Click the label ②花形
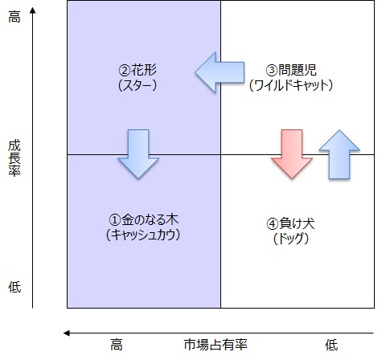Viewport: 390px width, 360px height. pyautogui.click(x=138, y=70)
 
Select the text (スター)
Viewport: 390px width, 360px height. pyautogui.click(x=138, y=85)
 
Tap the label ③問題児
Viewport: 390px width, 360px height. pyautogui.click(x=291, y=70)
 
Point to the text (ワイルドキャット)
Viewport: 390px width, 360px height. pyautogui.click(x=291, y=85)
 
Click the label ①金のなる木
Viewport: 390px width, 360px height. pyautogui.click(x=143, y=220)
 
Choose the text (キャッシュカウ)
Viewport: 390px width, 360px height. pyautogui.click(x=143, y=235)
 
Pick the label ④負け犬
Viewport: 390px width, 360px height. pyautogui.click(x=290, y=223)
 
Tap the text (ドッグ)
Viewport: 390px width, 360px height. pyautogui.click(x=291, y=239)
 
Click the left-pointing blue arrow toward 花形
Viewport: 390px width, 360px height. pyautogui.click(x=220, y=72)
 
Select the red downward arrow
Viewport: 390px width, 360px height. pyautogui.click(x=292, y=154)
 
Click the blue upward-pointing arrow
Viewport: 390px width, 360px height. pyautogui.click(x=339, y=154)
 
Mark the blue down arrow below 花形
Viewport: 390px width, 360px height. pyautogui.click(x=138, y=154)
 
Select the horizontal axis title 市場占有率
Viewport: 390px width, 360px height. pyautogui.click(x=216, y=345)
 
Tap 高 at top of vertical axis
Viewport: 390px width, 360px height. pyautogui.click(x=14, y=17)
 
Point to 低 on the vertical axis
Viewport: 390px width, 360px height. pyautogui.click(x=14, y=287)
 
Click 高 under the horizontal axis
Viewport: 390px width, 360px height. pyautogui.click(x=117, y=345)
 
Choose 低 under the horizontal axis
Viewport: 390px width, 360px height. pyautogui.click(x=331, y=345)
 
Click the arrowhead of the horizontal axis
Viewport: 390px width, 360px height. pyautogui.click(x=66, y=333)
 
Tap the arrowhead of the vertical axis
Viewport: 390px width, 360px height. pyautogui.click(x=33, y=10)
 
